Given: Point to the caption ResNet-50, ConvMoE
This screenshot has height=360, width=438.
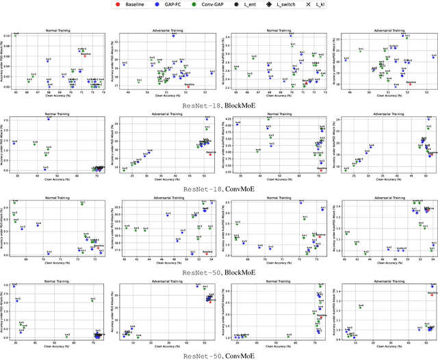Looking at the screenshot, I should [218, 355].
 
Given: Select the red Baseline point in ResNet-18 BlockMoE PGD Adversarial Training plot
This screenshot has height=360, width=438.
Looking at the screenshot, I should [189, 86].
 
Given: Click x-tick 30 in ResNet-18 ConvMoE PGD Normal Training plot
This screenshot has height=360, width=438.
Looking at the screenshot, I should [16, 176].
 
